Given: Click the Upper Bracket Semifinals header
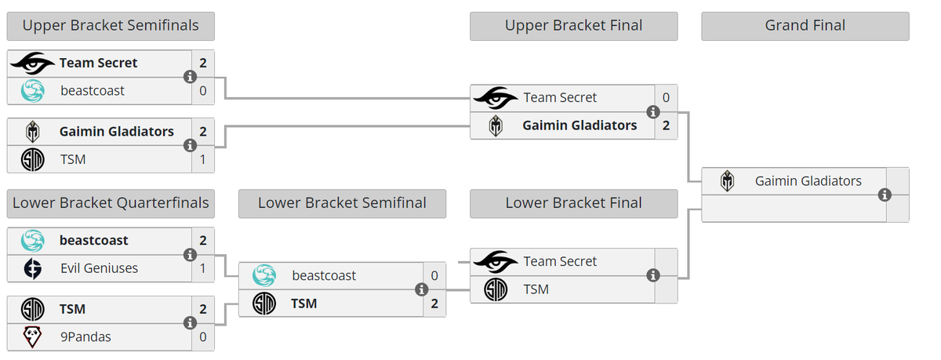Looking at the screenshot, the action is point(111,26).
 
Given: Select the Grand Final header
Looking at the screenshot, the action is point(805,26).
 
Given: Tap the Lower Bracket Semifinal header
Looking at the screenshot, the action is point(342,204).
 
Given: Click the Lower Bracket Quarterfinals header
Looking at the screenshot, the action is point(111,204).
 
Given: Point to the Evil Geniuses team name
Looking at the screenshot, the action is point(99,268).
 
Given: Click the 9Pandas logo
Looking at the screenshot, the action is point(32,337).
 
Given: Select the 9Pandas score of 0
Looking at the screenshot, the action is point(203,337).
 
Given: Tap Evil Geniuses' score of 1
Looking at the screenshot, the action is point(203,268).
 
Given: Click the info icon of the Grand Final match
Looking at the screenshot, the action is point(885,195).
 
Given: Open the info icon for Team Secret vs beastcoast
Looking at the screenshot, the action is point(190,77).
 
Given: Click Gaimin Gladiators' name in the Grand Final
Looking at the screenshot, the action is point(808,181).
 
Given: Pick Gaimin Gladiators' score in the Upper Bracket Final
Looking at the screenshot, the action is point(666,125).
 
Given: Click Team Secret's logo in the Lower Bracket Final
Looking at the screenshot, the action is point(496,261).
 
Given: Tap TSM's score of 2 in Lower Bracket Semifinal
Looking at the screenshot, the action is point(434,304).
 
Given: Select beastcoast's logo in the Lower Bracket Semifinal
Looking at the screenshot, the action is point(264,275).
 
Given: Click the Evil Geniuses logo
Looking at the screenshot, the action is point(32,268).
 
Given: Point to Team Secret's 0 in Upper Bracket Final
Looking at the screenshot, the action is point(666,97).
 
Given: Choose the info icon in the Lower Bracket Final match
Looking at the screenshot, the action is point(652,275).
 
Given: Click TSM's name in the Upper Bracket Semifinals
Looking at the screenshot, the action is point(73,160).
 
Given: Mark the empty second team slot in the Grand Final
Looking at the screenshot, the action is point(794,209).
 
